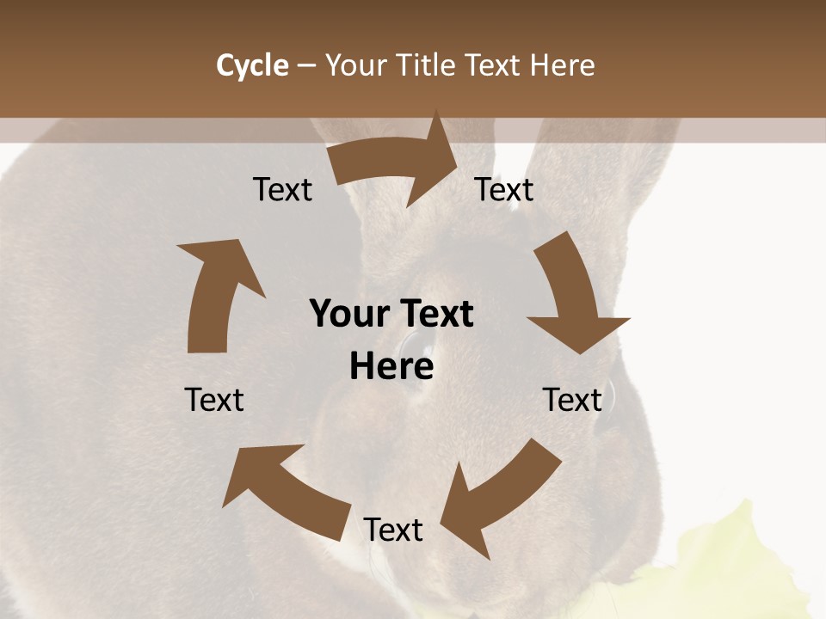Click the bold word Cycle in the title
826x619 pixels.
252,65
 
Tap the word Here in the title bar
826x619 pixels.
562,65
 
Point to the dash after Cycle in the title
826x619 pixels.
307,65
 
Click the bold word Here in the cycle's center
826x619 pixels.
391,366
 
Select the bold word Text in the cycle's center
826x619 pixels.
434,314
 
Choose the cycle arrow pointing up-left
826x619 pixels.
284,486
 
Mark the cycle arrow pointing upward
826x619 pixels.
215,292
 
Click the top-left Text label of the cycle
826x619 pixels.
283,190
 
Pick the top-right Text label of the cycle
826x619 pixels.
504,189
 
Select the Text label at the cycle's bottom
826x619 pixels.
393,530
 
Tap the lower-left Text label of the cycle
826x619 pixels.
214,400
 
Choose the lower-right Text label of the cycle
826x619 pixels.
572,400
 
